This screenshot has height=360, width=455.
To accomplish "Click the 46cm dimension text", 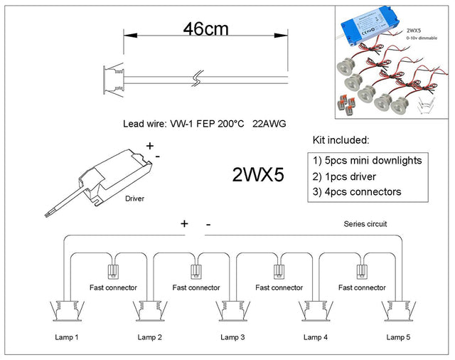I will click(206, 30).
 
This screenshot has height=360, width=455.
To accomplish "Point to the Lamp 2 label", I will click(150, 336).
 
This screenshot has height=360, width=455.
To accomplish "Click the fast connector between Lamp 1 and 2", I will click(112, 271).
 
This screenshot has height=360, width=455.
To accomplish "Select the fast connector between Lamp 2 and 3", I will click(196, 271).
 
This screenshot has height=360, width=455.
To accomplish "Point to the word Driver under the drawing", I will click(134, 198).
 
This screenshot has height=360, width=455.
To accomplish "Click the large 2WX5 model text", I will click(258, 175).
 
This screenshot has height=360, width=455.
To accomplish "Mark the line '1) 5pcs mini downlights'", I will click(368, 160).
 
